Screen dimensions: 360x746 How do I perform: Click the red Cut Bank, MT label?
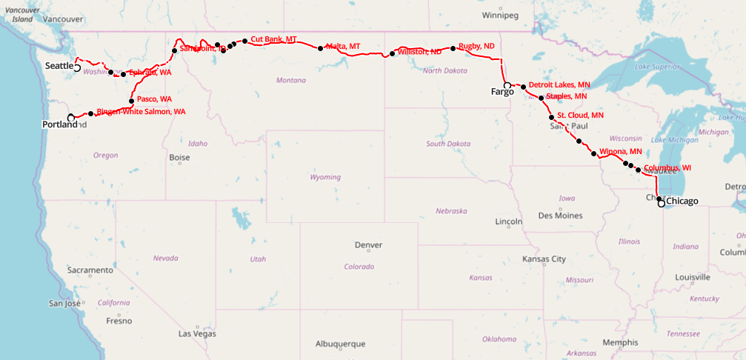[x=273, y=39]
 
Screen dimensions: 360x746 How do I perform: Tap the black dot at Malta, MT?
[x=320, y=48]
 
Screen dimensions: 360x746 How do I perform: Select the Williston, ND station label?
[x=419, y=52]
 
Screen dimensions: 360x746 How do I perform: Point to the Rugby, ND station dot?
[x=453, y=48]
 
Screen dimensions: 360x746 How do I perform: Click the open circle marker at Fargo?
[x=507, y=86]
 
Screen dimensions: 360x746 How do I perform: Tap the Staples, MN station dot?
[x=541, y=98]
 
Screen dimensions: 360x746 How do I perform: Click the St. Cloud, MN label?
[x=580, y=116]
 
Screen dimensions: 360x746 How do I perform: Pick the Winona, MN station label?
[x=620, y=152]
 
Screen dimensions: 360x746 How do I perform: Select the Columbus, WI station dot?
[x=638, y=170]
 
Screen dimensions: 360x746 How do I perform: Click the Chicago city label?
[x=682, y=201]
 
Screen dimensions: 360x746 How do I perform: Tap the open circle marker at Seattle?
[x=77, y=67]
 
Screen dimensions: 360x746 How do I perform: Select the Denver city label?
[x=368, y=245]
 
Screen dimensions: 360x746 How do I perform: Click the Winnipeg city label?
[x=501, y=15]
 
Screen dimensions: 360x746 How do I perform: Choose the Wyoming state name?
[x=325, y=178]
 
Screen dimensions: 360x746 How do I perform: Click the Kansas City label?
[x=544, y=259]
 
